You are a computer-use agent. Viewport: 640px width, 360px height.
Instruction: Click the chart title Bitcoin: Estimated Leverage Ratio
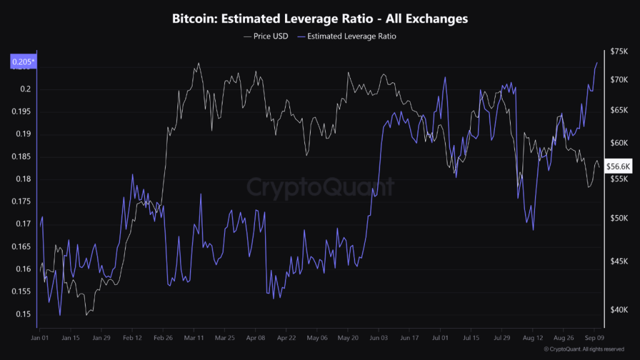320,19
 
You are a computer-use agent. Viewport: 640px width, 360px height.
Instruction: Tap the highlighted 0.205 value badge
22,61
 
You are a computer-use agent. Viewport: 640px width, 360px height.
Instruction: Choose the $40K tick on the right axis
619,311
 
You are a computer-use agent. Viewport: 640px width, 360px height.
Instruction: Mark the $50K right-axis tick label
619,218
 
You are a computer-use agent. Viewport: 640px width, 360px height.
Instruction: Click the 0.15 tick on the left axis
23,314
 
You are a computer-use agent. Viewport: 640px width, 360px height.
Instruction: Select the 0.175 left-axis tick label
21,201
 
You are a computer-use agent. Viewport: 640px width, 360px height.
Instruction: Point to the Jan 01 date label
39,337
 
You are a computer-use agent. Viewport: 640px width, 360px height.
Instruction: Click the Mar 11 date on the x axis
193,337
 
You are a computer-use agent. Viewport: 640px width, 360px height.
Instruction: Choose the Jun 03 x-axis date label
378,337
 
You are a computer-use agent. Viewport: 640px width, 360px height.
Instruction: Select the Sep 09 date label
594,337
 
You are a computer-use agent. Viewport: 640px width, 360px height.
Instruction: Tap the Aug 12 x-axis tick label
532,337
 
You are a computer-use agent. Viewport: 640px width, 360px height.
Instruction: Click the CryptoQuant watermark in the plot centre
320,187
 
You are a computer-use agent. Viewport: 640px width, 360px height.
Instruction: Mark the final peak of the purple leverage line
597,62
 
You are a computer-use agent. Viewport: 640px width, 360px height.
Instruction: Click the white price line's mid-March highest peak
199,63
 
